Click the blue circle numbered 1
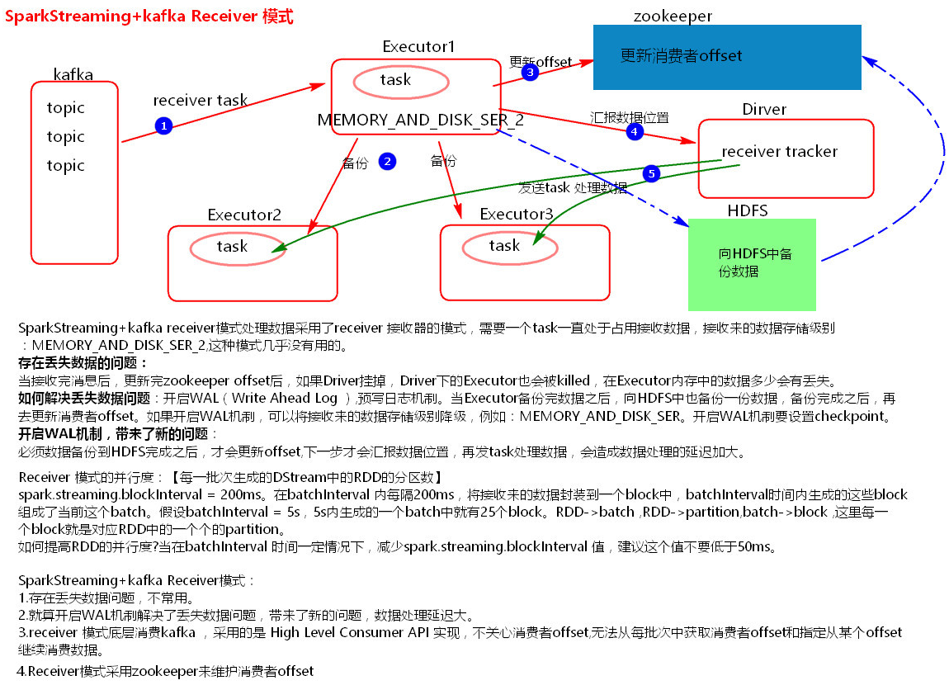click(163, 125)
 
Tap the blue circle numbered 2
click(387, 161)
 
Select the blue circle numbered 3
click(530, 73)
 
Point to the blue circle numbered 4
click(634, 131)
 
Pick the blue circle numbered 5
click(651, 173)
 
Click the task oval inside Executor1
click(401, 81)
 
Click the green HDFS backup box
click(752, 264)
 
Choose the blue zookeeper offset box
click(727, 57)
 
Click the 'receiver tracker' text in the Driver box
click(779, 152)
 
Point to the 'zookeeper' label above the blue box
click(673, 16)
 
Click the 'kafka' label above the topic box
click(73, 75)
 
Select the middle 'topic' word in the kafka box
click(66, 137)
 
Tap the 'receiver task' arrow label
click(200, 101)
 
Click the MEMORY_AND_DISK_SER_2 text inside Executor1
click(420, 120)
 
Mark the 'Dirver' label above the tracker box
click(764, 110)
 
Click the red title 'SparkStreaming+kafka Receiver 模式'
click(149, 17)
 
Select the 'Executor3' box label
click(517, 215)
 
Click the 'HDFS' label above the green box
click(747, 211)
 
